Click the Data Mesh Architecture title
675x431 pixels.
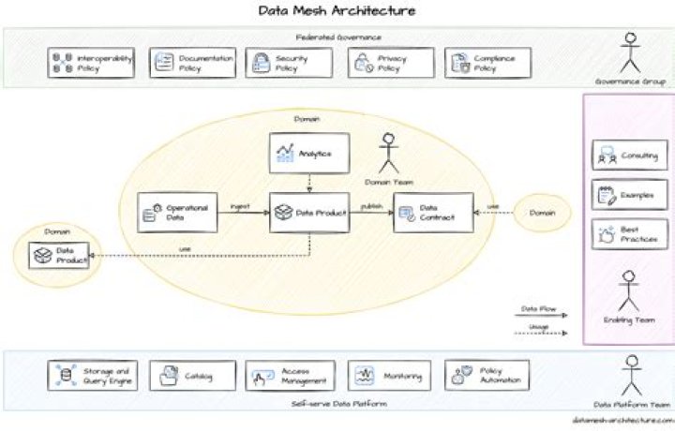coord(337,11)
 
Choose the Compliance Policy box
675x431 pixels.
coord(487,63)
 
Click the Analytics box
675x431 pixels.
coord(308,153)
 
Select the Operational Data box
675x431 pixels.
coord(177,214)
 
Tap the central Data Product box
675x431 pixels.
coord(308,214)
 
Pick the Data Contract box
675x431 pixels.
coord(430,214)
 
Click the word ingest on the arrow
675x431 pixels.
coord(239,206)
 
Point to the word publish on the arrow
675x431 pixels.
coord(371,206)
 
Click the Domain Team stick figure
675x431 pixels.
coord(388,153)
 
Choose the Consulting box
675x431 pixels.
coord(629,156)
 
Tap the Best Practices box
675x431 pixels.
coord(629,234)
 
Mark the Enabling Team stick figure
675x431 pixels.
coord(629,290)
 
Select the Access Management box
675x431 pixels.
coord(290,377)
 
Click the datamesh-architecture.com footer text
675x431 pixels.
coord(622,423)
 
